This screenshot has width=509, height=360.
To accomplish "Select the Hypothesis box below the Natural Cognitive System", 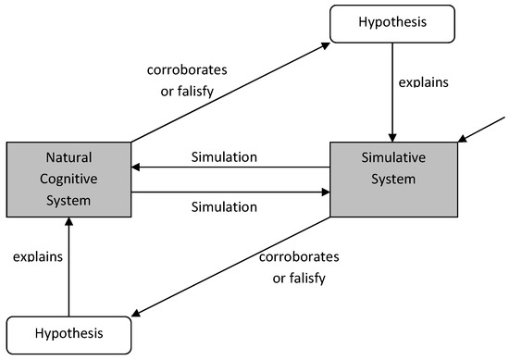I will pyautogui.click(x=69, y=331).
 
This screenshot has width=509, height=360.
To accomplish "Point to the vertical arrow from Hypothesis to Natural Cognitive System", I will pyautogui.click(x=69, y=268).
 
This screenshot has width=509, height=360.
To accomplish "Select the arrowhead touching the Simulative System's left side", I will pyautogui.click(x=325, y=193).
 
